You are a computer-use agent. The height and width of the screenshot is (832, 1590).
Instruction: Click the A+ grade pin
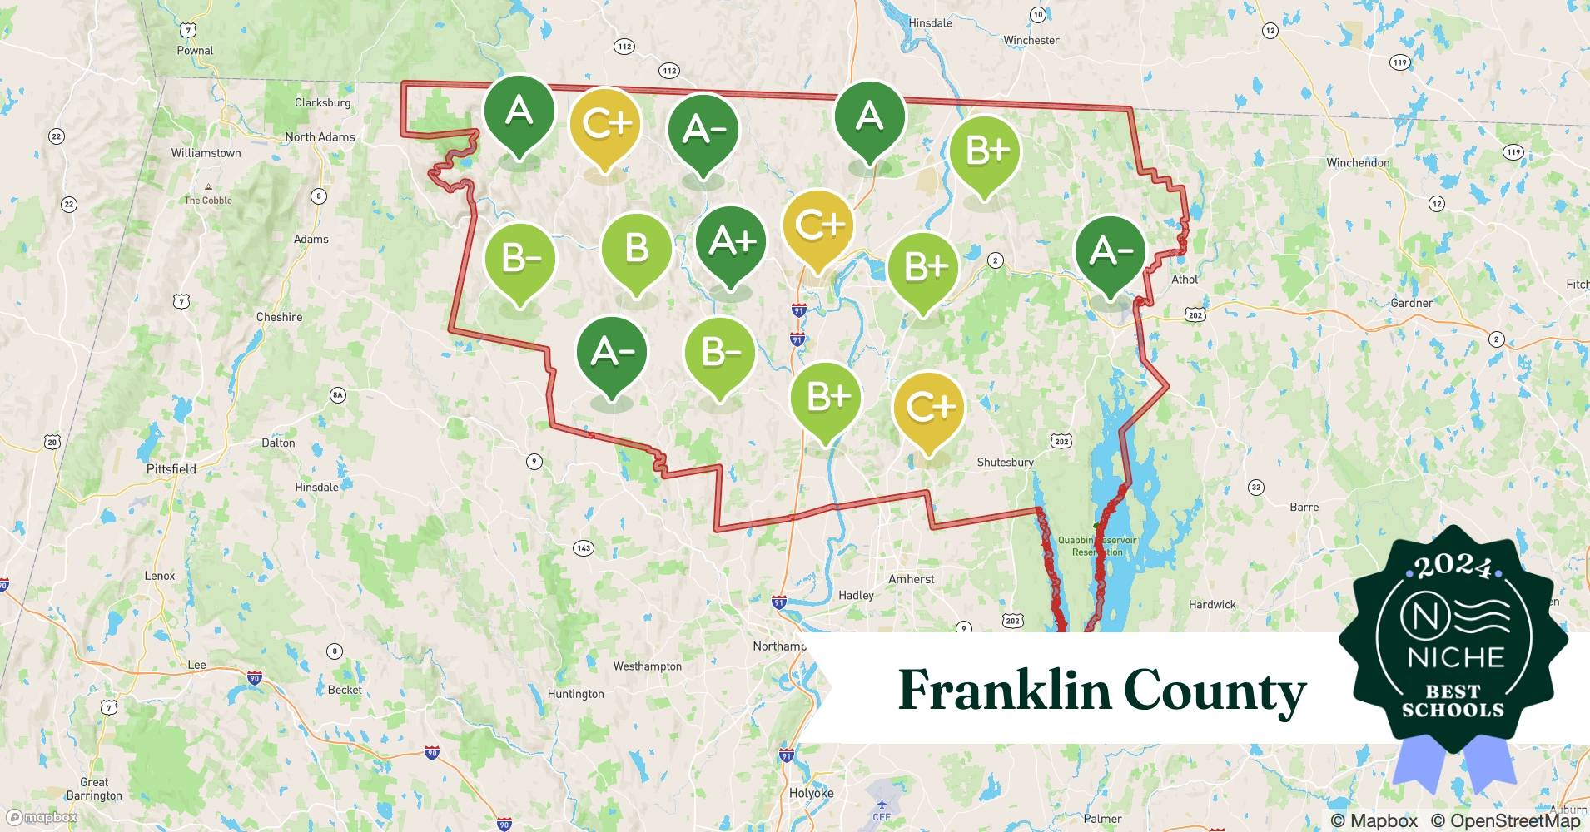(x=731, y=242)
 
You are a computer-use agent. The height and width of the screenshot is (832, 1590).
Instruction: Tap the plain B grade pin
(x=637, y=249)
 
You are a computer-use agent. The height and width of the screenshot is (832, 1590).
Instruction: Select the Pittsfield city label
(x=171, y=469)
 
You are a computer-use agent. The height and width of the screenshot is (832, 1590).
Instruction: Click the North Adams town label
(x=320, y=137)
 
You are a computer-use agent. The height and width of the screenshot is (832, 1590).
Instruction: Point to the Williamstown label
(x=206, y=153)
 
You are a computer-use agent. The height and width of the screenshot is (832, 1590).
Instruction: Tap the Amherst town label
(x=911, y=579)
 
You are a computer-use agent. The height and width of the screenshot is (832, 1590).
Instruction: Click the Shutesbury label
(x=1005, y=463)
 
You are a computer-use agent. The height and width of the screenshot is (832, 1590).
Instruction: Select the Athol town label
(x=1184, y=280)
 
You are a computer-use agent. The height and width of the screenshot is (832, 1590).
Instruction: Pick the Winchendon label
(x=1357, y=163)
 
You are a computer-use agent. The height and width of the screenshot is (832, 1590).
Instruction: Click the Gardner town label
(x=1411, y=303)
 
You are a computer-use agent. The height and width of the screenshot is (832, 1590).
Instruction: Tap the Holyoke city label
(x=811, y=793)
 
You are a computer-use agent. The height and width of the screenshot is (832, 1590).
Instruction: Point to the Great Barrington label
(x=94, y=789)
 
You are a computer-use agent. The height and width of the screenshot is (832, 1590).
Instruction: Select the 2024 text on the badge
(x=1453, y=567)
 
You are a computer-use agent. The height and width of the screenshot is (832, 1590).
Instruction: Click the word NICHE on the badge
(x=1455, y=657)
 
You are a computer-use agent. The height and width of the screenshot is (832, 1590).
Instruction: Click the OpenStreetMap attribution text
(x=1505, y=820)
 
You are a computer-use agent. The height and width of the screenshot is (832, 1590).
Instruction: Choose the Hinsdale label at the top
(x=930, y=23)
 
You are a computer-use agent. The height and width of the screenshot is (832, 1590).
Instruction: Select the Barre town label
(x=1304, y=507)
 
